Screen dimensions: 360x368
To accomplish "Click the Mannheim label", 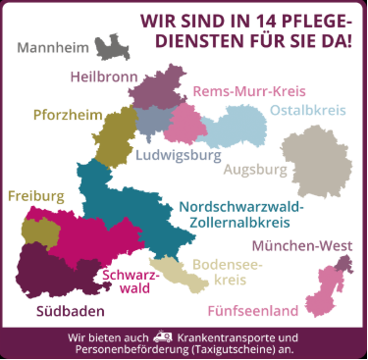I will pyautogui.click(x=51, y=48).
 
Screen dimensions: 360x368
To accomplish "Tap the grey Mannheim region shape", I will pyautogui.click(x=110, y=47).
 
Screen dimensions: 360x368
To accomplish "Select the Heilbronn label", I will pyautogui.click(x=104, y=76).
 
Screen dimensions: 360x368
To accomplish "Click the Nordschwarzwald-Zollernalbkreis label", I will pyautogui.click(x=241, y=215).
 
